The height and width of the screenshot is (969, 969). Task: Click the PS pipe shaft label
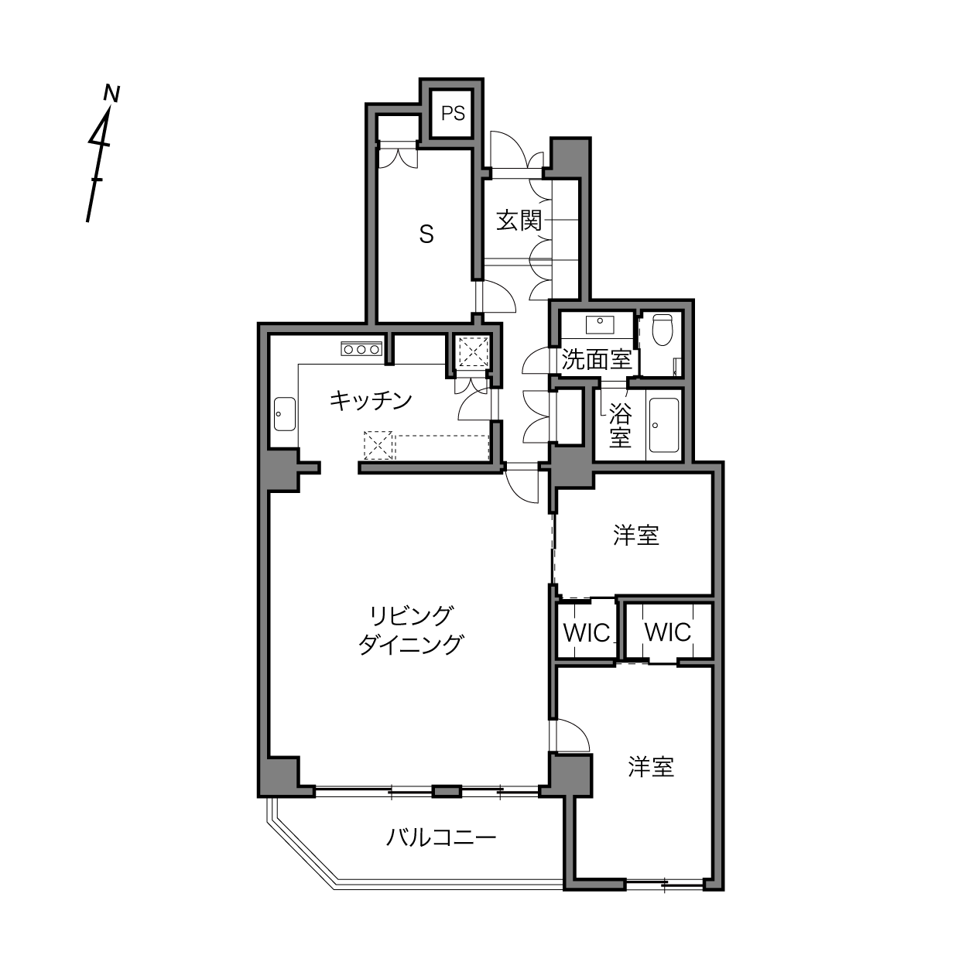pos(453,114)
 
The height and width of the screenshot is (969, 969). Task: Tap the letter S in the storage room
pos(426,234)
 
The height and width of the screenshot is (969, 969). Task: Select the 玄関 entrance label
pos(519,221)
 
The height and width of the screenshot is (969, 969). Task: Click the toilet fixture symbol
pos(662,330)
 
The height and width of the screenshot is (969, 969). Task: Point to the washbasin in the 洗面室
pos(600,324)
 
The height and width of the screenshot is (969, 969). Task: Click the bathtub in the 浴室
pos(664,426)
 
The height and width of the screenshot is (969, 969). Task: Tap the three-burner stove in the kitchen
pos(361,348)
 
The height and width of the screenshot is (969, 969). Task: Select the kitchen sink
pos(285,414)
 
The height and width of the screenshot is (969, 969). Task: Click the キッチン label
pos(371,401)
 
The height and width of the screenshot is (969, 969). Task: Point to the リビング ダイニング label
pos(410,630)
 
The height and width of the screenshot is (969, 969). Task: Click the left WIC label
pos(587,633)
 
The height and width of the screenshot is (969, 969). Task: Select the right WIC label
pos(668,632)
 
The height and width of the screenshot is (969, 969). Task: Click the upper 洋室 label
pos(636,535)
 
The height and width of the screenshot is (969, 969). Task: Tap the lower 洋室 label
pos(651,767)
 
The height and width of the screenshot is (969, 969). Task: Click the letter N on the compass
pos(111,94)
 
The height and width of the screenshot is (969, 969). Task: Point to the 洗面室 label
pos(597,359)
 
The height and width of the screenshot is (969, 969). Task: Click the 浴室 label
pos(620,426)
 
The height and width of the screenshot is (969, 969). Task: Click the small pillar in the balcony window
pos(447,792)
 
